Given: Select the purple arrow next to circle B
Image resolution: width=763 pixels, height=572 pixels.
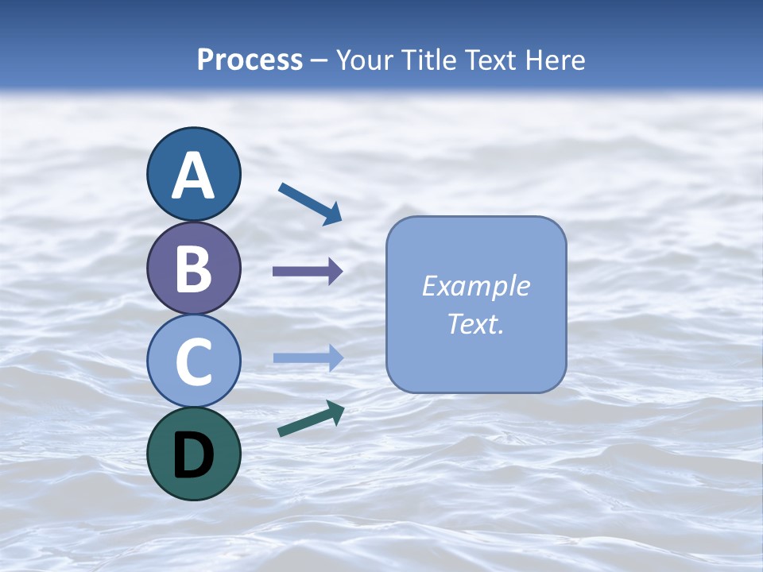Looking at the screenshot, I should (307, 272).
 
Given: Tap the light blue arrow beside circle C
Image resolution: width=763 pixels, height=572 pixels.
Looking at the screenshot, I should (307, 357).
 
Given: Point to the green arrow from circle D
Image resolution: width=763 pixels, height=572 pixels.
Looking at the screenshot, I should (311, 419).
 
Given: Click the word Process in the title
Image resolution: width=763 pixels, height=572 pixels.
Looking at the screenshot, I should (250, 60).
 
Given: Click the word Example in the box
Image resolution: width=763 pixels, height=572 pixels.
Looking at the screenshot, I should (476, 286).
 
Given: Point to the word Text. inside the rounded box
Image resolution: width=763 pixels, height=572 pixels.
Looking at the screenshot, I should (476, 323).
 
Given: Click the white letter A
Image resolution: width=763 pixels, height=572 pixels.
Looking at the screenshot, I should (193, 176).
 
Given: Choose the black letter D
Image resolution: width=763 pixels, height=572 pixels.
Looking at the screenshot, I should (193, 454).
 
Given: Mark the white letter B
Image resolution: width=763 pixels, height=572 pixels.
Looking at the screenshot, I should (193, 269).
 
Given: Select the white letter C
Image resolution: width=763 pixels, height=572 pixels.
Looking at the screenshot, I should (193, 361).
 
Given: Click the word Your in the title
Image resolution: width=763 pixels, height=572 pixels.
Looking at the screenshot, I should (364, 60).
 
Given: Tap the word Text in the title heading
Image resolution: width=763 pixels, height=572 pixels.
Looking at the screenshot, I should (490, 60).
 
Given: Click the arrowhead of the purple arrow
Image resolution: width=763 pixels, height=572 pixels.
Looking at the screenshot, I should (335, 272).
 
